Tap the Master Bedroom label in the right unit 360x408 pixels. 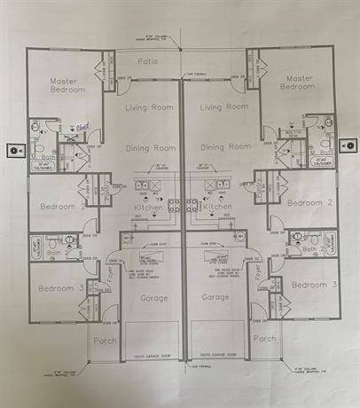click(296, 82)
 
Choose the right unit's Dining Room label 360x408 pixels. click(225, 147)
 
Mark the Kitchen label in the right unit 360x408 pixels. click(217, 206)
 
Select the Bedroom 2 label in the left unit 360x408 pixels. click(61, 208)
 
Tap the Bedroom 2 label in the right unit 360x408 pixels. click(309, 202)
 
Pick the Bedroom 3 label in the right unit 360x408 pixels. click(314, 285)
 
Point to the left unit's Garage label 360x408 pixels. click(153, 298)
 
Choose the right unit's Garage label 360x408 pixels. click(215, 298)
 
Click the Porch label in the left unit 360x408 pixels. click(105, 340)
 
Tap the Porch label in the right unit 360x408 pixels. click(264, 339)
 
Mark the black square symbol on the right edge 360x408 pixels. click(349, 145)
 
